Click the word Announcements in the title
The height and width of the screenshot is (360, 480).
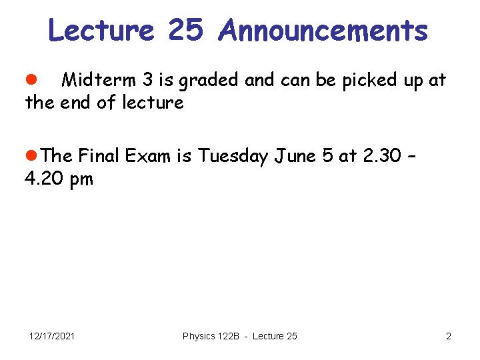pos(323,30)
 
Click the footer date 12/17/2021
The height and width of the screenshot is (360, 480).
pos(52,336)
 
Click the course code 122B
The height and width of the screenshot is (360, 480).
pos(229,336)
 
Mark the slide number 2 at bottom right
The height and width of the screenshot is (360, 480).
pos(449,336)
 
